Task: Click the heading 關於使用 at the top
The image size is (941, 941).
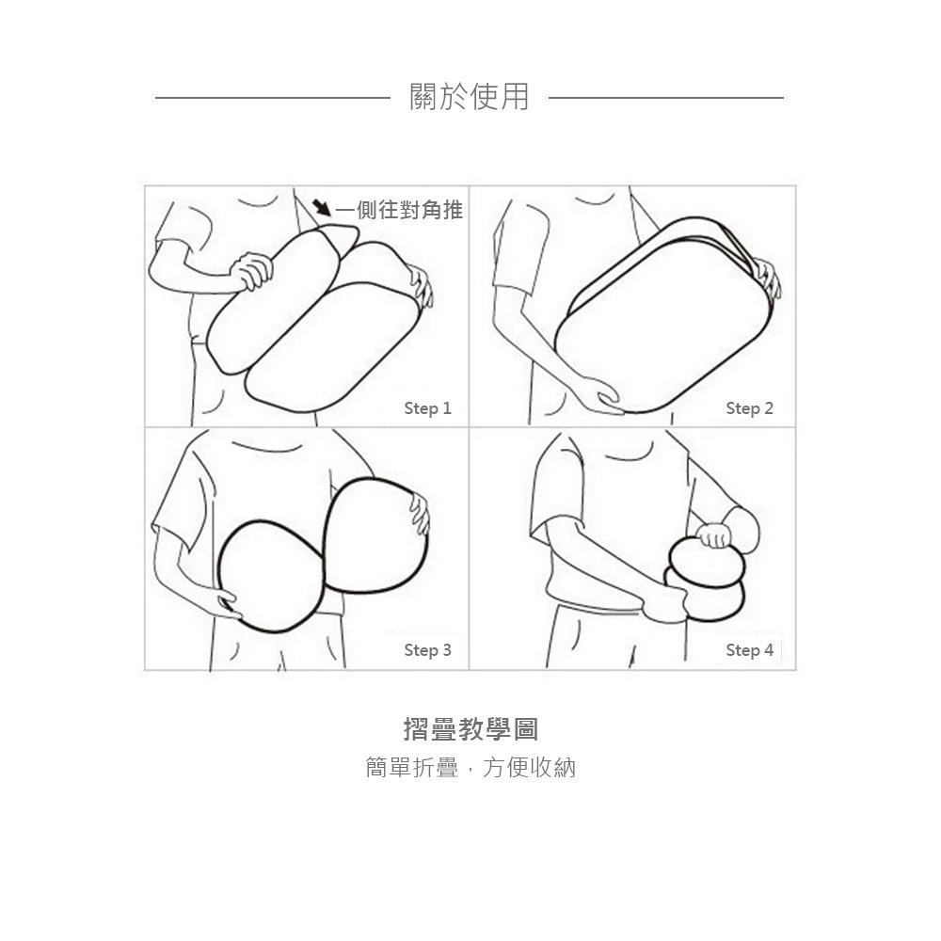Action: click(470, 96)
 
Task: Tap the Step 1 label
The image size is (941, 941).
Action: click(427, 408)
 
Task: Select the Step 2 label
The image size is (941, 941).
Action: click(749, 408)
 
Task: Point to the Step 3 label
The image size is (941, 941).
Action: click(427, 650)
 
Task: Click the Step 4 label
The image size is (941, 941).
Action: click(749, 650)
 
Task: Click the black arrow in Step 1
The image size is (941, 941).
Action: click(322, 206)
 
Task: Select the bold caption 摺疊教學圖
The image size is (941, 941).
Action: click(470, 729)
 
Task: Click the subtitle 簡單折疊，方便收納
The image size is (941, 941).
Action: click(470, 768)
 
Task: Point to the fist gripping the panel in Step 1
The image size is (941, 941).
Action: click(252, 269)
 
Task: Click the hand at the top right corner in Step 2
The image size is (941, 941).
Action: click(767, 279)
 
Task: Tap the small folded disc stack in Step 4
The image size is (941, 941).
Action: click(706, 579)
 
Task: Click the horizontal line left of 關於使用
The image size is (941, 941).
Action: click(272, 97)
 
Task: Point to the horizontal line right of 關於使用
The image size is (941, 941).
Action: click(665, 97)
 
